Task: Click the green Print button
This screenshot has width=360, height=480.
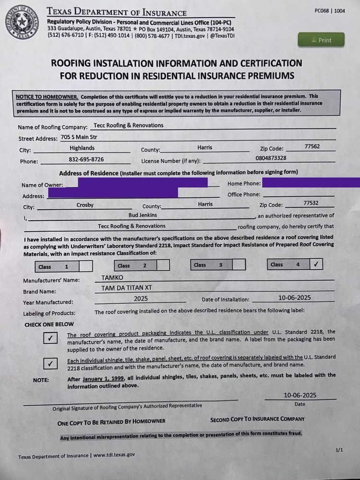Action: [x=321, y=40]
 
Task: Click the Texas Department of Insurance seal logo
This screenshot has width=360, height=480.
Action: [x=23, y=22]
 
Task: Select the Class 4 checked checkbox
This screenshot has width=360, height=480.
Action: [x=316, y=264]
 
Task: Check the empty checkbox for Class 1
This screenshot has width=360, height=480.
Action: [x=85, y=266]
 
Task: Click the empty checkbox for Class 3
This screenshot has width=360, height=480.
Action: [x=239, y=264]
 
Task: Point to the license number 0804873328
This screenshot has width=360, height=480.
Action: [x=271, y=158]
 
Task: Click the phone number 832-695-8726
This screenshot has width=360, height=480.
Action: [x=86, y=159]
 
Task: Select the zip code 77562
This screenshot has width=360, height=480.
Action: [x=312, y=146]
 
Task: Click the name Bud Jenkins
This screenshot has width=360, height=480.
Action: [x=143, y=216]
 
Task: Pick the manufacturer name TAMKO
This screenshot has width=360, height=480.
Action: [x=112, y=277]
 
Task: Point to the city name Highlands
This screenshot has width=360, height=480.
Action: [x=82, y=148]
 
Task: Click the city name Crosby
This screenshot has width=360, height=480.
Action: [x=85, y=205]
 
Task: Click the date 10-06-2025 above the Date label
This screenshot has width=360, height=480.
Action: [x=300, y=396]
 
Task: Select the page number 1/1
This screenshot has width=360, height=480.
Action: [x=339, y=450]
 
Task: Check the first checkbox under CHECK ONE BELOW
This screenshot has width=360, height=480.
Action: [x=50, y=338]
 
